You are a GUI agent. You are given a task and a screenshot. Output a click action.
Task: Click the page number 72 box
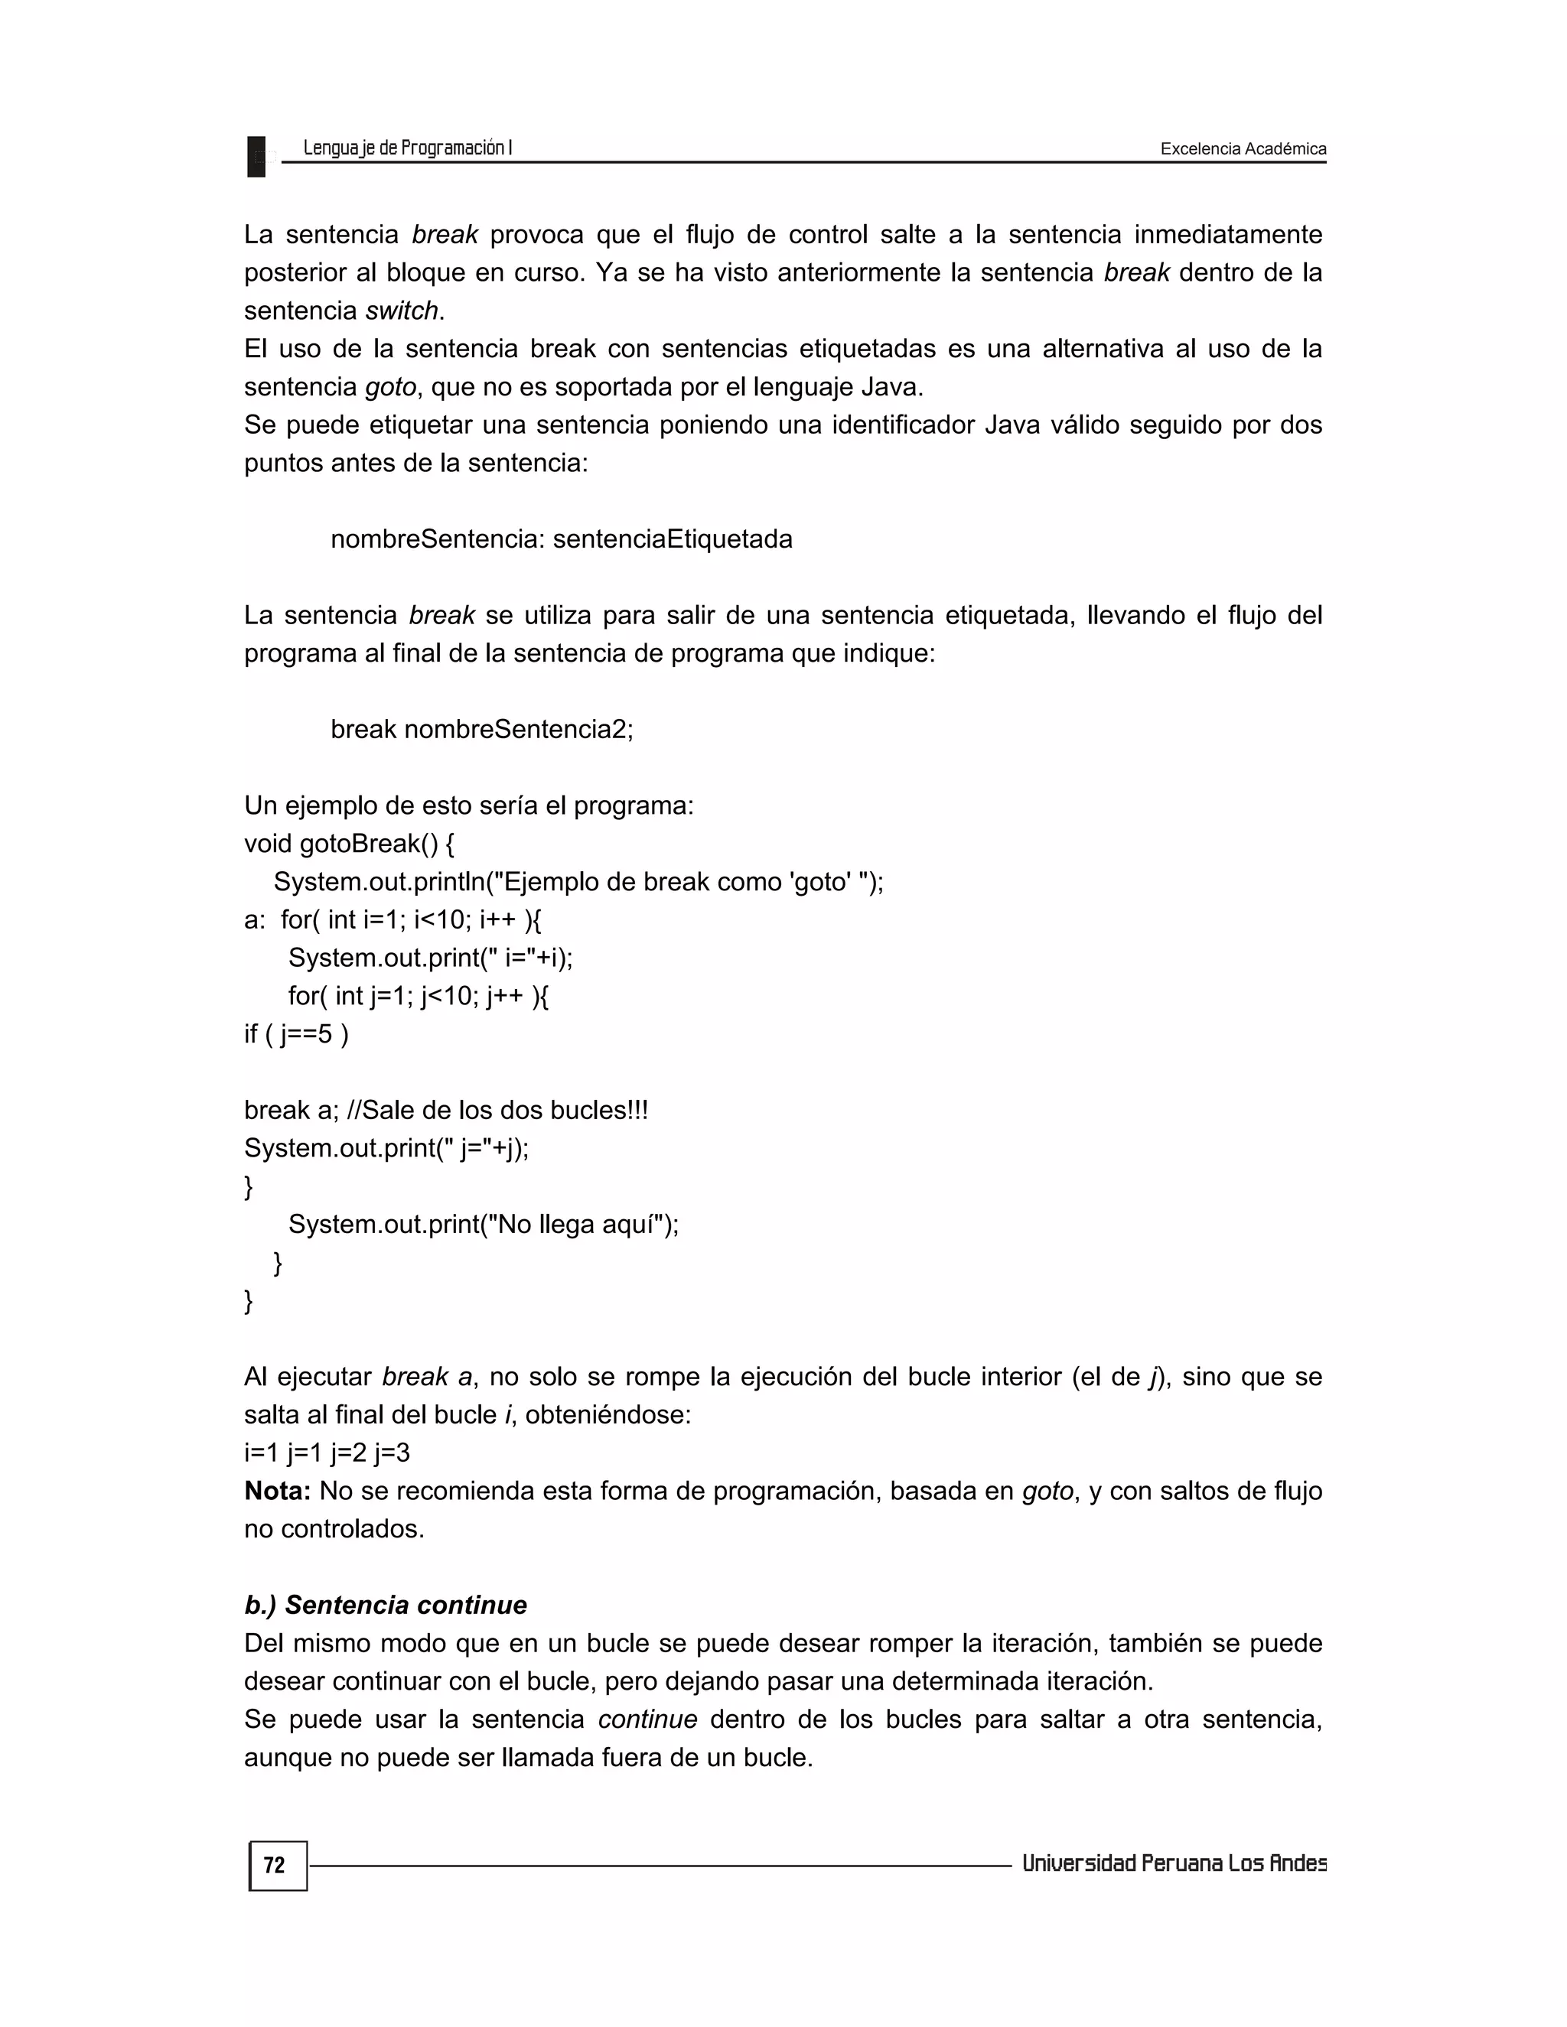pyautogui.click(x=277, y=1866)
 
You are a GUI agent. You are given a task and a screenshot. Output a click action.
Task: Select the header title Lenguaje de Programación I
pyautogui.click(x=408, y=148)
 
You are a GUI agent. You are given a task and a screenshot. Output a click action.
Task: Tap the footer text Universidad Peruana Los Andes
pyautogui.click(x=1174, y=1863)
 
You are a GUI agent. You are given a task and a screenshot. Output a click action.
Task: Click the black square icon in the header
pyautogui.click(x=256, y=156)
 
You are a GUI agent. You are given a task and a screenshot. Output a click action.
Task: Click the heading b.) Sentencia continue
pyautogui.click(x=386, y=1605)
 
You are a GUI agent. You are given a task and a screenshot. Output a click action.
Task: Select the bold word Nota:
pyautogui.click(x=277, y=1491)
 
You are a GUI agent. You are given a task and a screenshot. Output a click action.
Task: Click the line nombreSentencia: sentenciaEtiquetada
pyautogui.click(x=561, y=539)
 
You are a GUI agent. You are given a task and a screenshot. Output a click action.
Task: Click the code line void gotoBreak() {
pyautogui.click(x=349, y=844)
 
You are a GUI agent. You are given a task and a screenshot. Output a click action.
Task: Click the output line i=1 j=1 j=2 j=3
pyautogui.click(x=327, y=1453)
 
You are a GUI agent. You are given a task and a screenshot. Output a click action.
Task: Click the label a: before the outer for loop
pyautogui.click(x=253, y=919)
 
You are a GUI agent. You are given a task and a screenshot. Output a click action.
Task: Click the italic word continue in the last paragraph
pyautogui.click(x=647, y=1719)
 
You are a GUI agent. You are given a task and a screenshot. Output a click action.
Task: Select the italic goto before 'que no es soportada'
pyautogui.click(x=390, y=387)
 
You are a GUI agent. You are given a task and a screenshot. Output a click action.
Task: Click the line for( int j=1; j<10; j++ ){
pyautogui.click(x=418, y=996)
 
